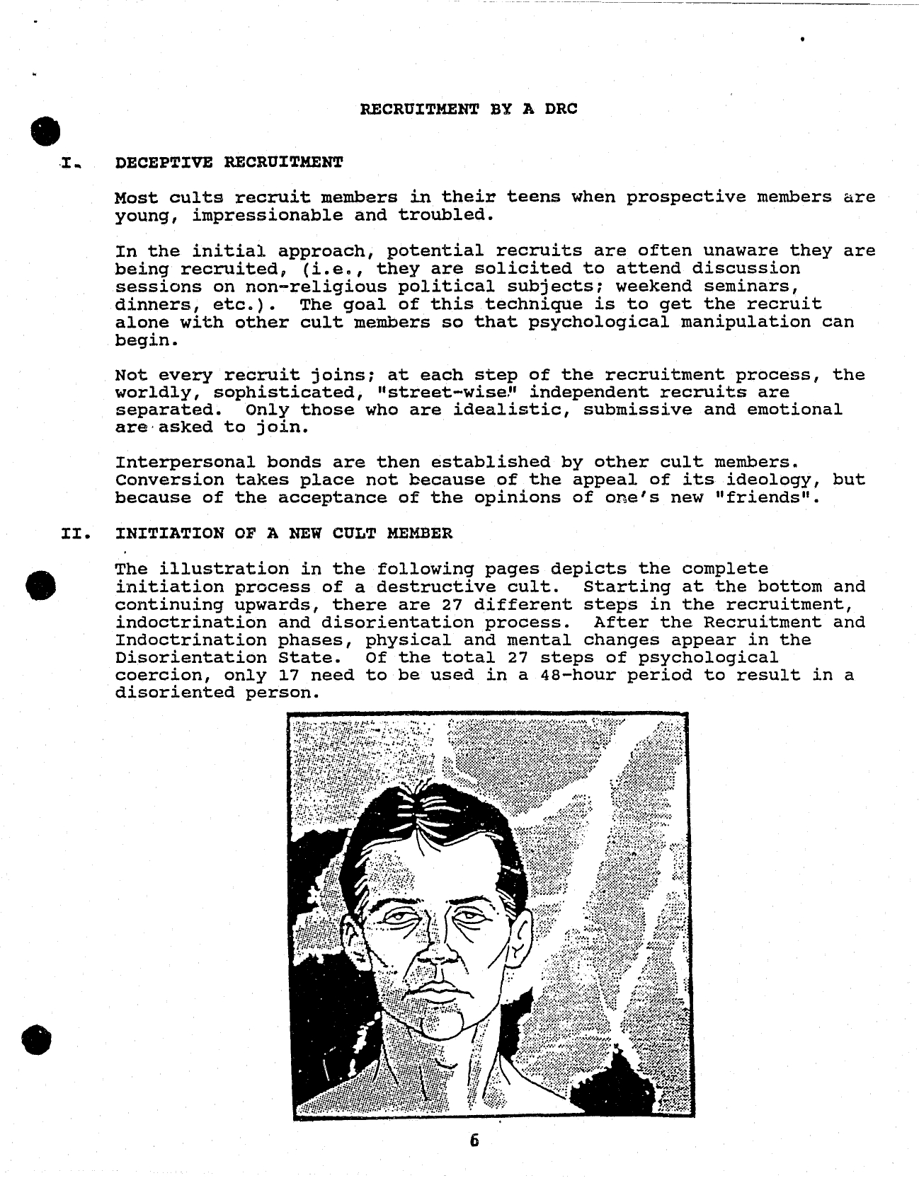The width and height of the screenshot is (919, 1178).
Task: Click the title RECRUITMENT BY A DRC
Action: click(x=469, y=109)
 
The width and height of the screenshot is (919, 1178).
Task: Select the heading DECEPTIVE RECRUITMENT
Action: click(x=229, y=162)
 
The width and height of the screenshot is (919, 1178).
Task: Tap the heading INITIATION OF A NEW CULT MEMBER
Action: click(x=283, y=533)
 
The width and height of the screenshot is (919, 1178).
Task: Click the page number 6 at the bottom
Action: click(x=474, y=1141)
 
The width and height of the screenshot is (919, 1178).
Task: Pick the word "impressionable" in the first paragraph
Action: click(x=267, y=215)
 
